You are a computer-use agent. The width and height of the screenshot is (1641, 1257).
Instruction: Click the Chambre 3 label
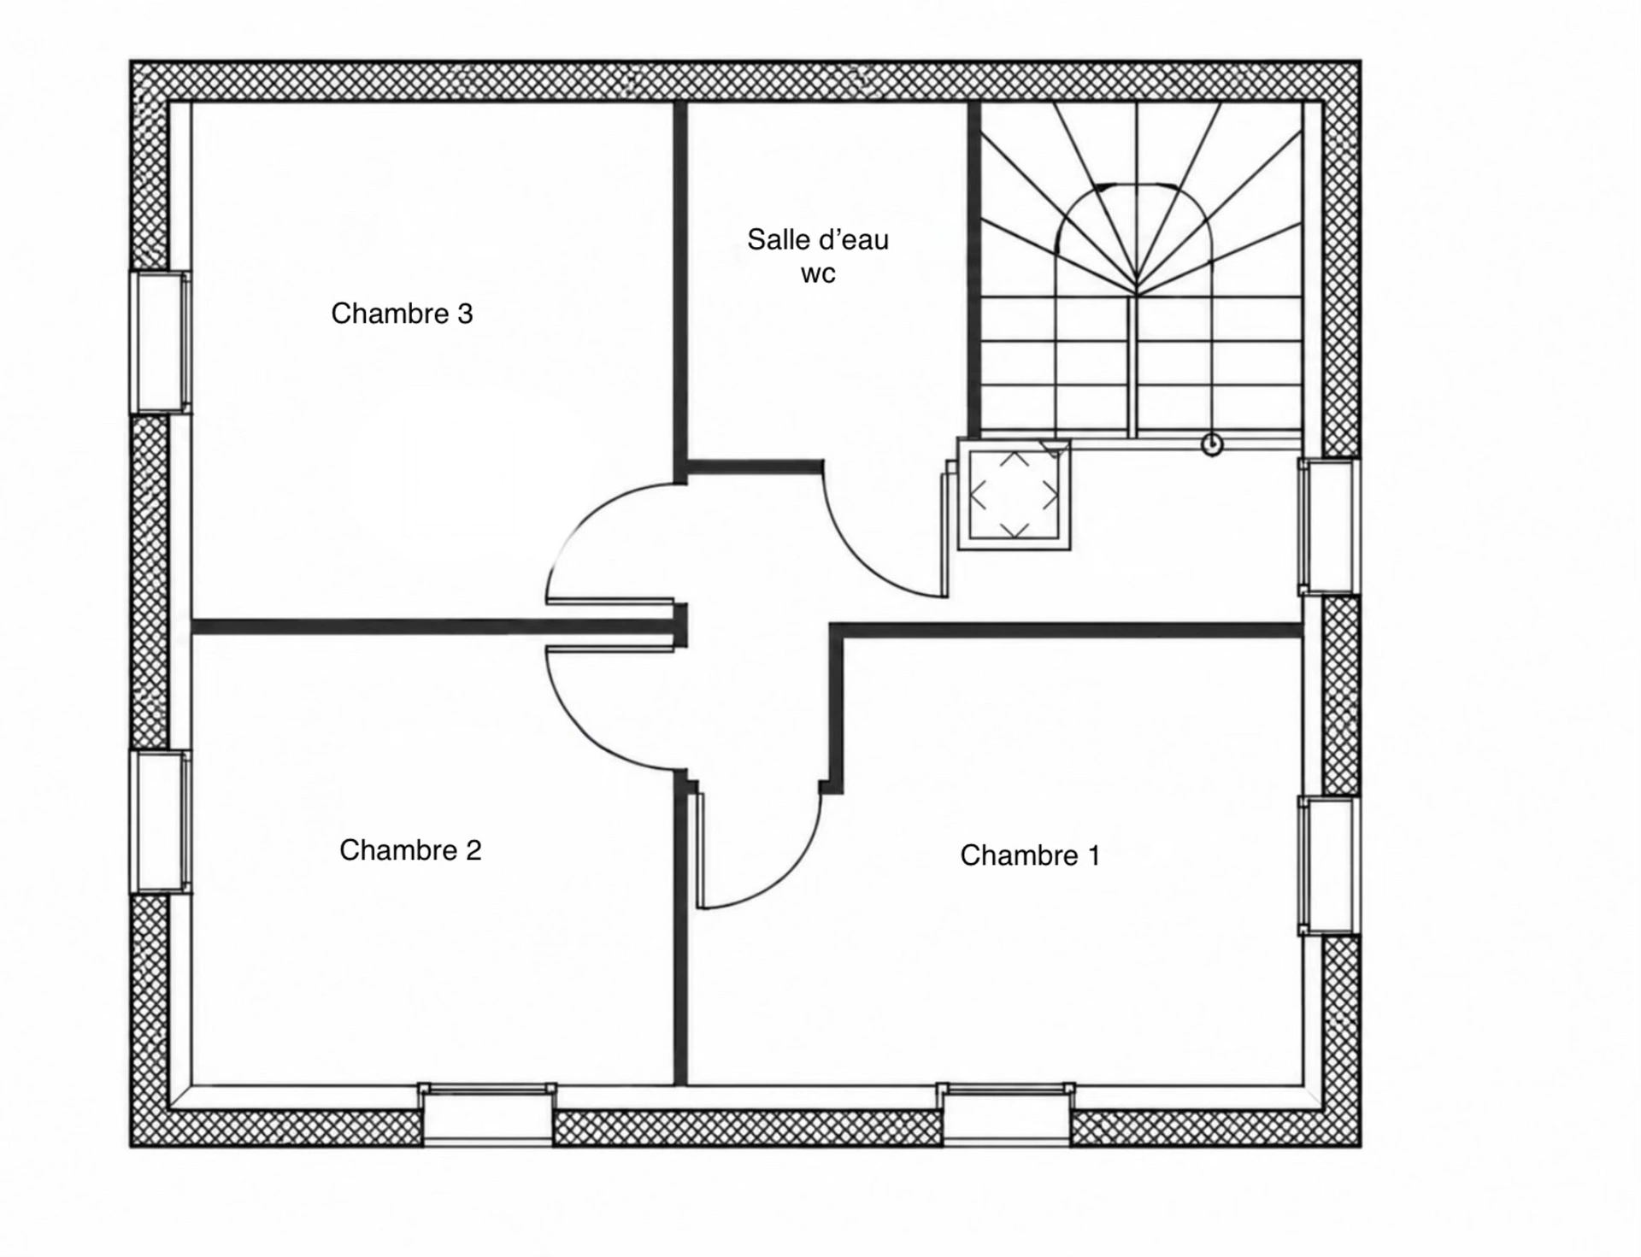click(402, 314)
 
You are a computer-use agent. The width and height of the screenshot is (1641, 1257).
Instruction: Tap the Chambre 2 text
click(410, 849)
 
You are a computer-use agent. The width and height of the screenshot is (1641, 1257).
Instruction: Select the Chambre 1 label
click(1030, 855)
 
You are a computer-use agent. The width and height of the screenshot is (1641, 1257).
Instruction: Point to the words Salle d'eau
click(818, 239)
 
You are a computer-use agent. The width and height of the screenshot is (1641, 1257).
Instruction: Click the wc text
click(818, 274)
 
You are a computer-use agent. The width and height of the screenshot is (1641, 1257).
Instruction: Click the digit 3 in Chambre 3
click(465, 314)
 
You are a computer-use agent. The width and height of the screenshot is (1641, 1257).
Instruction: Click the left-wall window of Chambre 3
click(160, 342)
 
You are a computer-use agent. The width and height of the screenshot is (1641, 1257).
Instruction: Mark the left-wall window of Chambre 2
click(160, 822)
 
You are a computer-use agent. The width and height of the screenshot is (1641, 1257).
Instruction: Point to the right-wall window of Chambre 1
click(1329, 866)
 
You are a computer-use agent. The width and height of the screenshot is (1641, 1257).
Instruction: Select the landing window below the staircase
click(1329, 526)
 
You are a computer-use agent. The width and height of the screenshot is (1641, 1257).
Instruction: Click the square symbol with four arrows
click(1015, 495)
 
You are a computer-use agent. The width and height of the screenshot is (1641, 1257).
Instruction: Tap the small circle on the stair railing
click(1212, 444)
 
